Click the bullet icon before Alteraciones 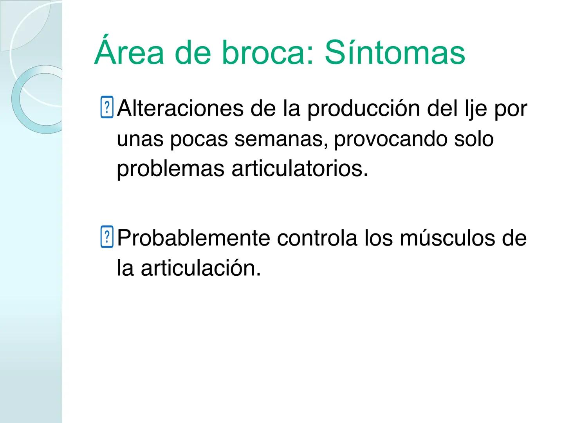pos(106,107)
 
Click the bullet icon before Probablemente pos(106,237)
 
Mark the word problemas pos(171,169)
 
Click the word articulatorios pos(300,169)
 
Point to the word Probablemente pos(193,238)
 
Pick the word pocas pos(198,139)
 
